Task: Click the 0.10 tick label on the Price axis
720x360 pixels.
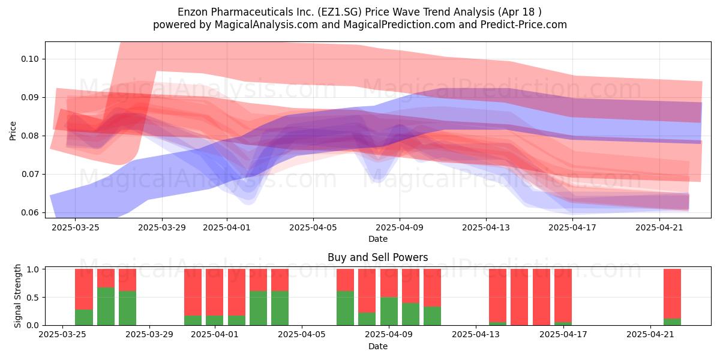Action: click(29, 59)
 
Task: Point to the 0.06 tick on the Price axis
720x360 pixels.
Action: click(29, 213)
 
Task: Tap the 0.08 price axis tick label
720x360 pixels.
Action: click(29, 136)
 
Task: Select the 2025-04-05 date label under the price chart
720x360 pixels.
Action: click(313, 228)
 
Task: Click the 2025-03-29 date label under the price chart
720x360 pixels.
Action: click(162, 228)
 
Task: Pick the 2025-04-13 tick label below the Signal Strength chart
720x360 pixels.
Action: click(476, 335)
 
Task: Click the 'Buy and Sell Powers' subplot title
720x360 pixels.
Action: click(377, 257)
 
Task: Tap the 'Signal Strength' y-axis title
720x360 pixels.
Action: click(17, 296)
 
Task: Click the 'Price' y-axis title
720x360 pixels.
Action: click(13, 131)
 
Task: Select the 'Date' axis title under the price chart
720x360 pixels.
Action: click(377, 239)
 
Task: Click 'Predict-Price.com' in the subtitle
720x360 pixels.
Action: click(524, 25)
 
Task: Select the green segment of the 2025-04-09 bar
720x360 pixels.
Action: click(389, 311)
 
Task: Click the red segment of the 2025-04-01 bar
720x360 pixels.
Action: click(215, 293)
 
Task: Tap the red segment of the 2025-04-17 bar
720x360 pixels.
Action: click(563, 296)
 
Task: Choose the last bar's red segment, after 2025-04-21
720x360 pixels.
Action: click(672, 294)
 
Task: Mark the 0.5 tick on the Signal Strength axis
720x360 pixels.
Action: click(33, 298)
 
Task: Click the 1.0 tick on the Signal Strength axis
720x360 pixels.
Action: click(33, 269)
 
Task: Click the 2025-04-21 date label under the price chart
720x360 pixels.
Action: click(659, 228)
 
